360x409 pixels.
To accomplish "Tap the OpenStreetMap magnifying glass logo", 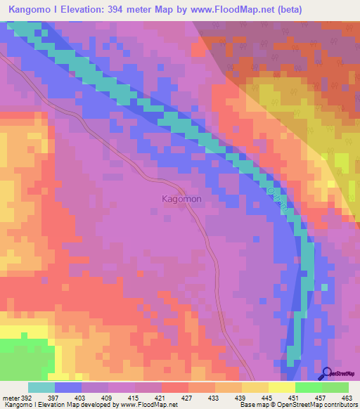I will (x=326, y=375).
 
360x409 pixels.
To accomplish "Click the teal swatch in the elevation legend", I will (x=41, y=387).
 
